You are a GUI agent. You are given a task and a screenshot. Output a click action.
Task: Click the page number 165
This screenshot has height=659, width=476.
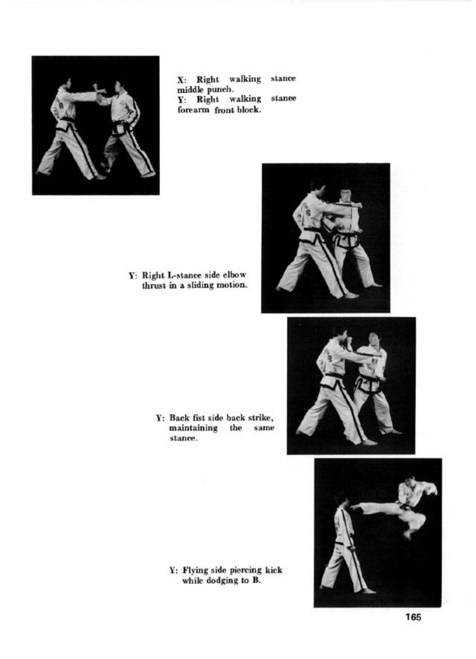coord(413,617)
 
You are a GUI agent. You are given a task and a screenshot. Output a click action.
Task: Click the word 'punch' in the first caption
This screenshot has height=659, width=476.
coord(218,90)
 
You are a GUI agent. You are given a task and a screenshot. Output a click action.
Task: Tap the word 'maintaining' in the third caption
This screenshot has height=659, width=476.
coord(193,428)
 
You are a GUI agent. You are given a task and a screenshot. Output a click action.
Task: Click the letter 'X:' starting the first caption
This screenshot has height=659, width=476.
coord(181,80)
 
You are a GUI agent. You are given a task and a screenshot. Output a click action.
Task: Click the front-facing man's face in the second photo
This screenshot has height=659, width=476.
coord(345,195)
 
